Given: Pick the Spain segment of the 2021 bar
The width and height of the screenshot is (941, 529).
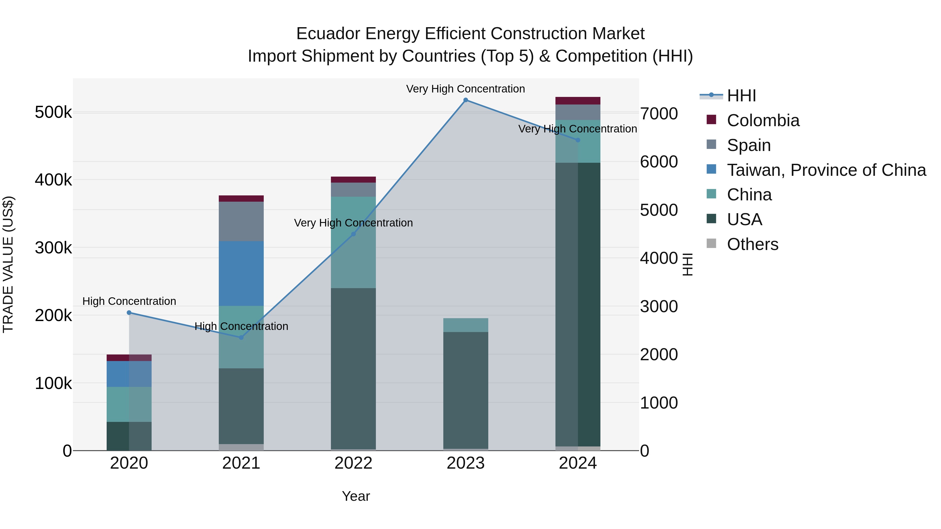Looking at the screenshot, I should [241, 221].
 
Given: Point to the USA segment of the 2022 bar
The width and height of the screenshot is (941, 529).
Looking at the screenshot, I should [353, 369].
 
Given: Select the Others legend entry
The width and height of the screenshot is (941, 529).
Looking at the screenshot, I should [753, 244].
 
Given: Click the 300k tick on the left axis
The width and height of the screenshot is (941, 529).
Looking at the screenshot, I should [53, 248].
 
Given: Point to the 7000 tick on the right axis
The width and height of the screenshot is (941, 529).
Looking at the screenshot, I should [659, 114].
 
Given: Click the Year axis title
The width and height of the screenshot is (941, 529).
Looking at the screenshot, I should [356, 496].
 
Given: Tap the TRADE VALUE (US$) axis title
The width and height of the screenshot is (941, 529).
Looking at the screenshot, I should [8, 264].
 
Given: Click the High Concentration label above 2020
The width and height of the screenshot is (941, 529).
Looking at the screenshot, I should [129, 301].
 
